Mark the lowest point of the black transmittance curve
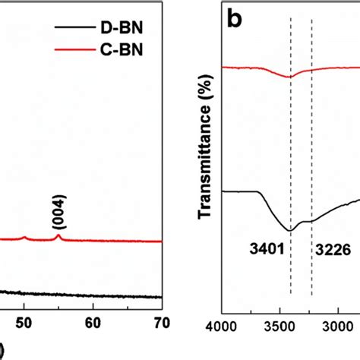coord(289,230)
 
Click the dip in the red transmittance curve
coord(289,77)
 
